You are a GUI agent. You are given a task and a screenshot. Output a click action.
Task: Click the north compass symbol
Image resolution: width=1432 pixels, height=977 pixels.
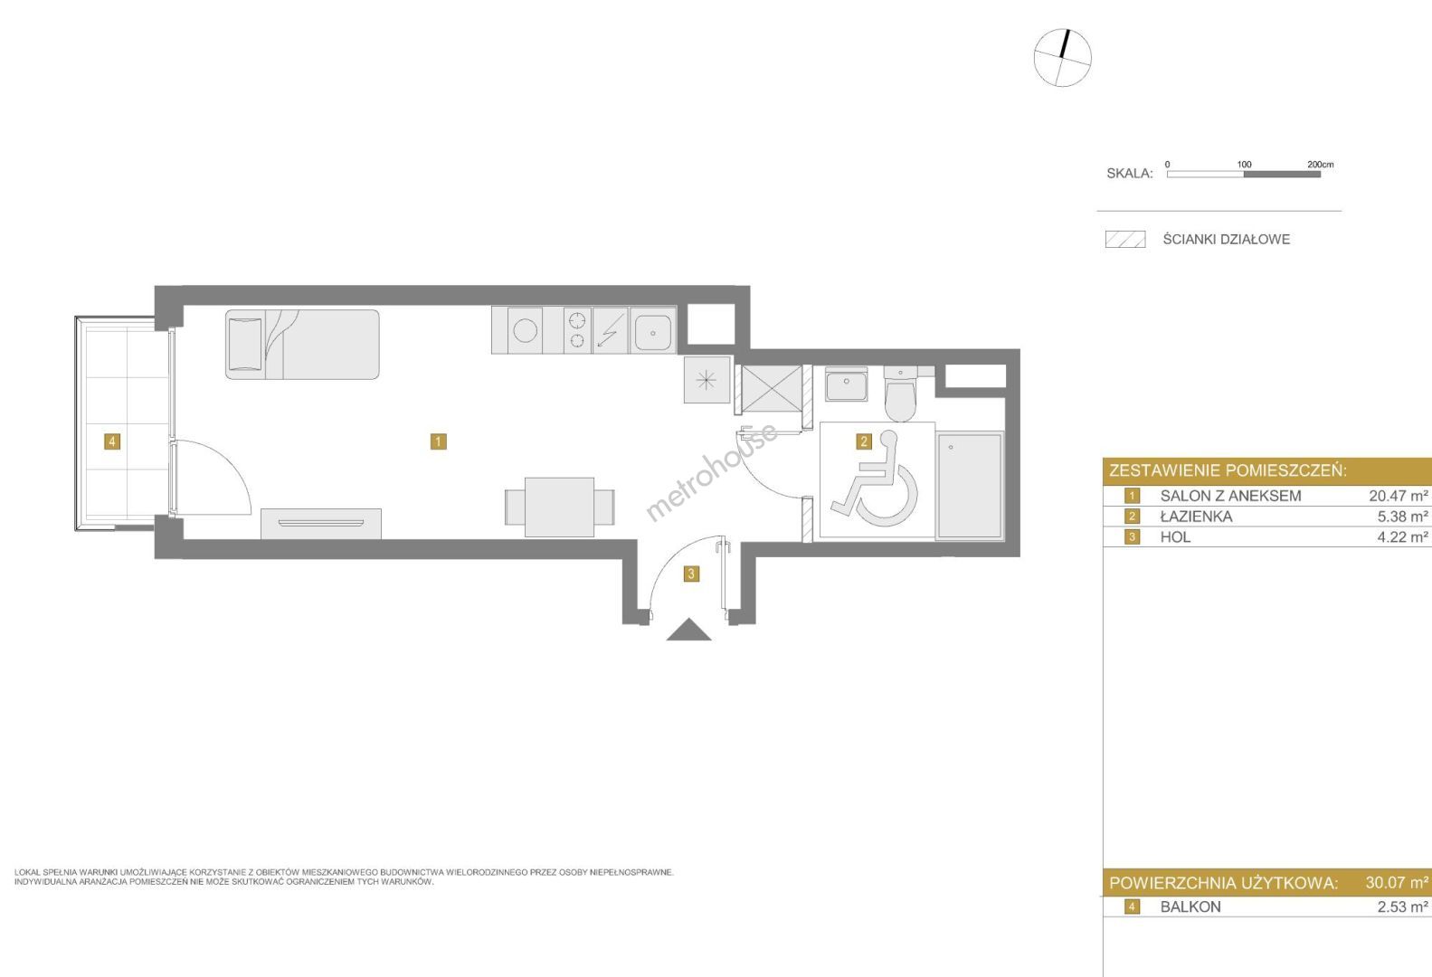click(x=1062, y=58)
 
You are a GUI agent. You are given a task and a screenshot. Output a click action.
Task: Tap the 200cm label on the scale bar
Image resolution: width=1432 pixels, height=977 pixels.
click(x=1320, y=165)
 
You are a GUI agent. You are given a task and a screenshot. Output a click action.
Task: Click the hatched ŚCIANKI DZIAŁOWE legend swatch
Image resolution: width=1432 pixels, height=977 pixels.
click(x=1125, y=239)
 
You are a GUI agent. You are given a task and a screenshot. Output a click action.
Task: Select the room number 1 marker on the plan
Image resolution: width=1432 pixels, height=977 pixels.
click(x=438, y=441)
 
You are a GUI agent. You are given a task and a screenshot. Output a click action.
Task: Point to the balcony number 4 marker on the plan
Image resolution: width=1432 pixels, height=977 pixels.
click(x=112, y=441)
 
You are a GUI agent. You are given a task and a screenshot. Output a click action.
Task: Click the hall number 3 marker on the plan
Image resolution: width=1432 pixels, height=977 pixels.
click(x=690, y=574)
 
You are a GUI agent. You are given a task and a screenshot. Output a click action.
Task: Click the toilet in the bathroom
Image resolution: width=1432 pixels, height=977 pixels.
click(x=900, y=394)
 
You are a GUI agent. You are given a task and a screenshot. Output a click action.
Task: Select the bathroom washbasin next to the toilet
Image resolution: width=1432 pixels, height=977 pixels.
click(x=847, y=384)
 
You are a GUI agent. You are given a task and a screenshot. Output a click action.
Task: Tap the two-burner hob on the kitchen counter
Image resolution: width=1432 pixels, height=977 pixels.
click(x=577, y=330)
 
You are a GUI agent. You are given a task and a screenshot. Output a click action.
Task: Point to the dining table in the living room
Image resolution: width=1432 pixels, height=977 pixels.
click(x=559, y=507)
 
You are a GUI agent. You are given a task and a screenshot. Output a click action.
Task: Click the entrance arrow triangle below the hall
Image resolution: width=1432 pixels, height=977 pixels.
click(x=689, y=630)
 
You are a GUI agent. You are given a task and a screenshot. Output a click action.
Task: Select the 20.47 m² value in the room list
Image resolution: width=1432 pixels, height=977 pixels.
click(x=1399, y=496)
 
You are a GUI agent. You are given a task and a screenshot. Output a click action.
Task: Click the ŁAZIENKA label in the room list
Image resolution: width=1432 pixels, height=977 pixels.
click(x=1196, y=516)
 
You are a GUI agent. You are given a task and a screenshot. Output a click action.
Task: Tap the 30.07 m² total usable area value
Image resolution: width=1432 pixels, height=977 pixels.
click(x=1397, y=882)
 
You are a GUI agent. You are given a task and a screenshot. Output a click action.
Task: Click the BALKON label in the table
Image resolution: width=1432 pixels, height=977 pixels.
click(x=1190, y=906)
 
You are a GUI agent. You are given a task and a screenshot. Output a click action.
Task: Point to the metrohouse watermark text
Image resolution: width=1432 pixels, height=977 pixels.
click(x=712, y=472)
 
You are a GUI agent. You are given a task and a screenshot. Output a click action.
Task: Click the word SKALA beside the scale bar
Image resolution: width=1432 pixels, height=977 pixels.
click(x=1130, y=174)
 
